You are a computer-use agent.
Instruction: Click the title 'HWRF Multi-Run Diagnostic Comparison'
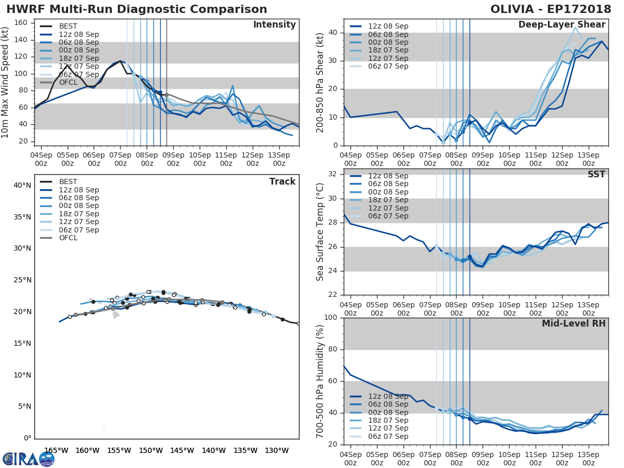coord(137,9)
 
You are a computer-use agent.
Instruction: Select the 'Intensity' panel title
coord(274,25)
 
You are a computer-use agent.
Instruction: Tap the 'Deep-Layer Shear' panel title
coord(562,25)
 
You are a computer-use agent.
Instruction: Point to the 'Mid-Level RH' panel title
coord(574,323)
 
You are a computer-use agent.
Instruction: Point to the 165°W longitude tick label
coord(57,450)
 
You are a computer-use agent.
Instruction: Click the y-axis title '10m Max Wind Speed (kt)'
coord(6,83)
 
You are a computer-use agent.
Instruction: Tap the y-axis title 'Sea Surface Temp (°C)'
coord(320,232)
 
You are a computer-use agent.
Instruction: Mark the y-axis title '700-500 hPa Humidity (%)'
coord(320,381)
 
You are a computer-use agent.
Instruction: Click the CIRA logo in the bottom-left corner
coord(29,459)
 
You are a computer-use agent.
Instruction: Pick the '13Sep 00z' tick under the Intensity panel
coord(279,158)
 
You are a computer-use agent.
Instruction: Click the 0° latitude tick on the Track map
coord(27,438)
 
